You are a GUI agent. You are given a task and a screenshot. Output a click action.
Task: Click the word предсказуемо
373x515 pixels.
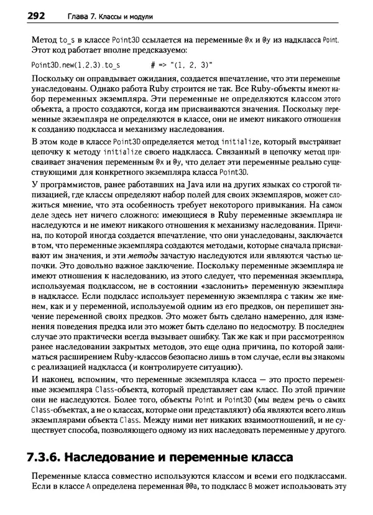coord(158,50)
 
